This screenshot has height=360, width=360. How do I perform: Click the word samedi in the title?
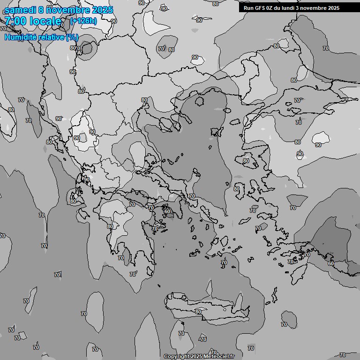22,10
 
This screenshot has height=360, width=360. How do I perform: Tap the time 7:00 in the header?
15,21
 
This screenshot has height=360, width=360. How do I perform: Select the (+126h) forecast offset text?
83,21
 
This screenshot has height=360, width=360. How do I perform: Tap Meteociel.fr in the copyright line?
219,356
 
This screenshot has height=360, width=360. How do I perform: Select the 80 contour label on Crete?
198,312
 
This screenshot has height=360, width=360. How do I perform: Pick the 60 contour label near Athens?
167,211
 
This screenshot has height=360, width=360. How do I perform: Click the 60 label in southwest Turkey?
331,263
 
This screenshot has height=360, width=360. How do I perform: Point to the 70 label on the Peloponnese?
121,258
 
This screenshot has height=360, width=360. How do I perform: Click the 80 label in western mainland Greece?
110,226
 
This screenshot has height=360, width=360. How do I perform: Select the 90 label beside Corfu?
87,180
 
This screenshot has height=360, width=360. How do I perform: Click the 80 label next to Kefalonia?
73,201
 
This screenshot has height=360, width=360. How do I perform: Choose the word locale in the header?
45,21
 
